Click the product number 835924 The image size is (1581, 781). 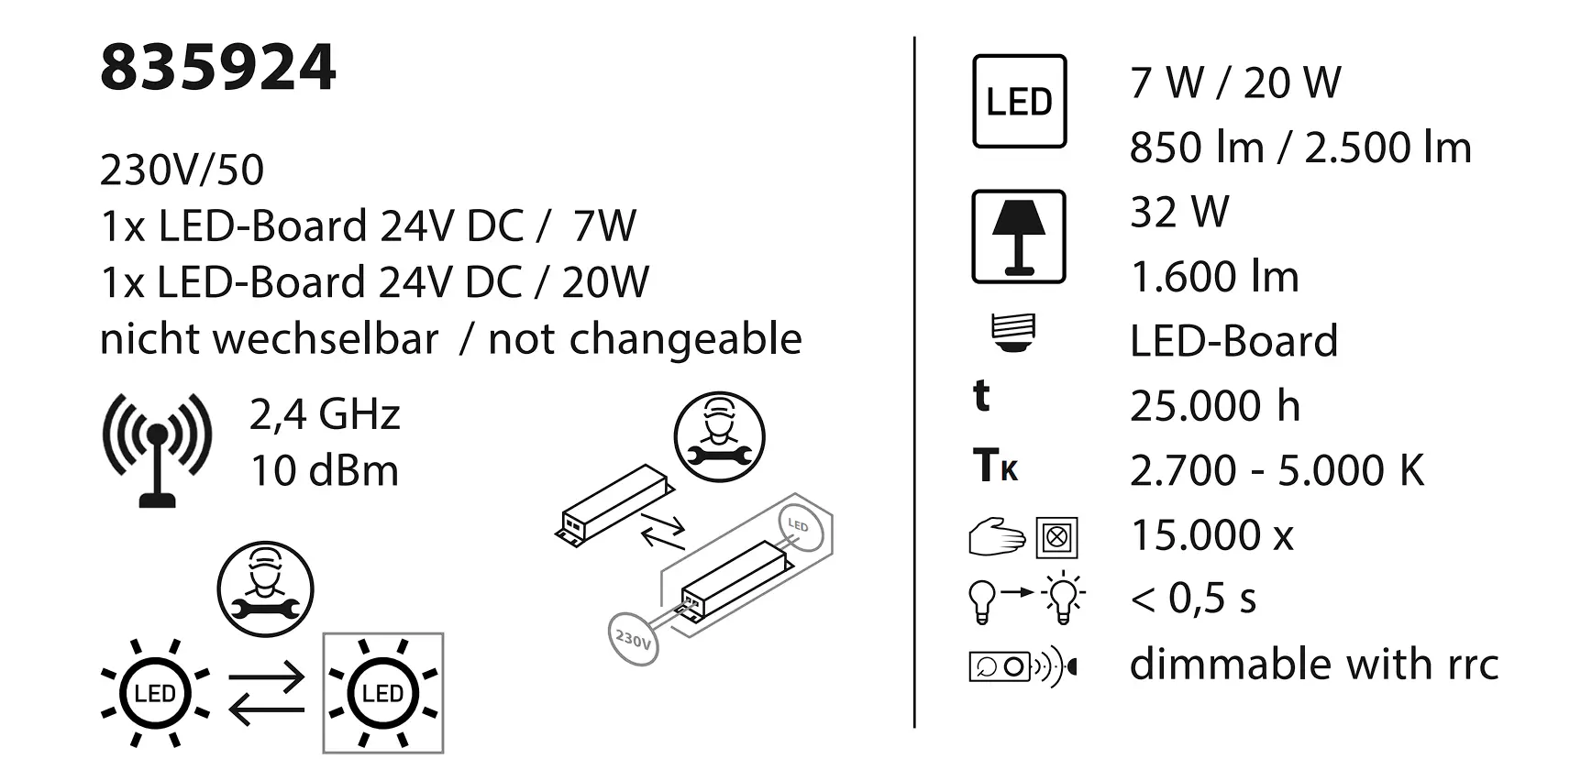tap(218, 68)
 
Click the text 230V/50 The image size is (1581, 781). tap(182, 170)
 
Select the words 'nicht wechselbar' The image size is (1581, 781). tap(269, 339)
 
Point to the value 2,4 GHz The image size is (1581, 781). tap(325, 414)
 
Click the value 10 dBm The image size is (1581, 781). tap(325, 471)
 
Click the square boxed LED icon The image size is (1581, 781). tap(1019, 101)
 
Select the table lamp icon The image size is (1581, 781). tap(1019, 236)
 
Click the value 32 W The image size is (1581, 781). tap(1179, 213)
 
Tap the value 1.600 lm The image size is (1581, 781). tap(1214, 277)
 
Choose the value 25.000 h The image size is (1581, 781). tap(1214, 406)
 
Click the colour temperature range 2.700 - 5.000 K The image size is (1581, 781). tap(1277, 471)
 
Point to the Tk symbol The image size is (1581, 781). tap(995, 466)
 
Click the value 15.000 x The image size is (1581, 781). tap(1211, 535)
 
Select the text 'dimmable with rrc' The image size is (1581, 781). tap(1313, 665)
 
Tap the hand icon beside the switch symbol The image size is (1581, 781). tap(996, 537)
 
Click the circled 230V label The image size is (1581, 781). tap(633, 638)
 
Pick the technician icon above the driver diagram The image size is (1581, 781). tap(719, 436)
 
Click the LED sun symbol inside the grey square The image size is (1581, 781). tap(383, 693)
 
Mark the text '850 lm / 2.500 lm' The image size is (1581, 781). tap(1299, 148)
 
